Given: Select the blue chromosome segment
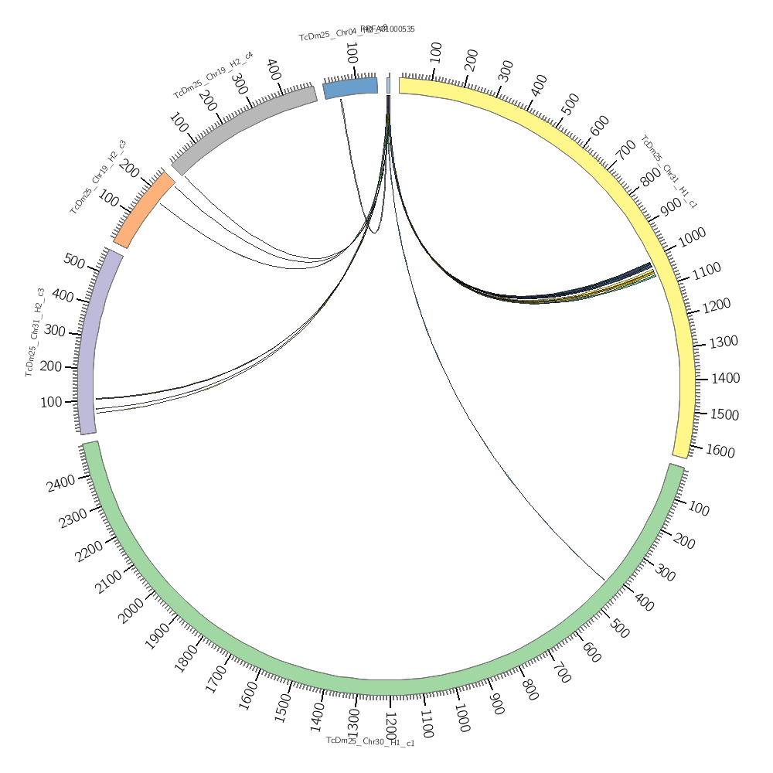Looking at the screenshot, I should (350, 87).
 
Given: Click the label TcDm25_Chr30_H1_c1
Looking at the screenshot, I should (370, 741).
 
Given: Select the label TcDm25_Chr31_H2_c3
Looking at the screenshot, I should (35, 332).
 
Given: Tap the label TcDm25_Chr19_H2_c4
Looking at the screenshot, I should (213, 75).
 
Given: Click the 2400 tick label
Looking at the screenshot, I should (61, 484).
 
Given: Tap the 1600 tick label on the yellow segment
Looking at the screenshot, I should (720, 451).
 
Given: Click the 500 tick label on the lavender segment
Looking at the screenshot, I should (73, 261).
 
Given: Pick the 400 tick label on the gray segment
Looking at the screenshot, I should (273, 69).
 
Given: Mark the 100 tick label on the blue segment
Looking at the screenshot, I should (351, 53).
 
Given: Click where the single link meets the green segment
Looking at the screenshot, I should (604, 579).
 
